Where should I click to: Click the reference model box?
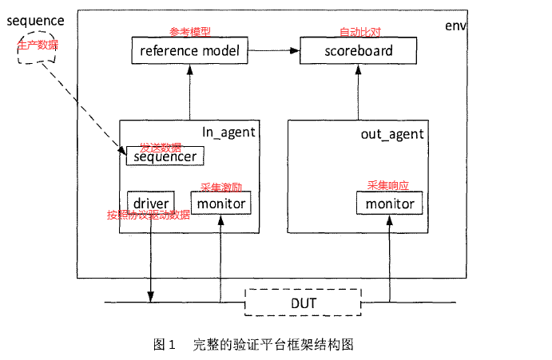tap(189, 52)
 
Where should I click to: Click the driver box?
tap(149, 204)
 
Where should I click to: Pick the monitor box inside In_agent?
tap(220, 204)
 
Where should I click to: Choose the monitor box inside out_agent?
tap(390, 204)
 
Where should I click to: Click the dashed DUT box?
tap(303, 303)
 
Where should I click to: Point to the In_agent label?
tap(227, 133)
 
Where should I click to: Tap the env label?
tap(455, 26)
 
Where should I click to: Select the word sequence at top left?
tap(35, 19)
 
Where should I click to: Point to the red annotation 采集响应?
tap(387, 184)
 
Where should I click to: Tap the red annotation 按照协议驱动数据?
tap(149, 215)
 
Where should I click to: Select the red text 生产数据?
tap(37, 45)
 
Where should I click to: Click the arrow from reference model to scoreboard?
tap(273, 52)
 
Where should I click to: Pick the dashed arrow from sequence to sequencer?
tap(80, 104)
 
